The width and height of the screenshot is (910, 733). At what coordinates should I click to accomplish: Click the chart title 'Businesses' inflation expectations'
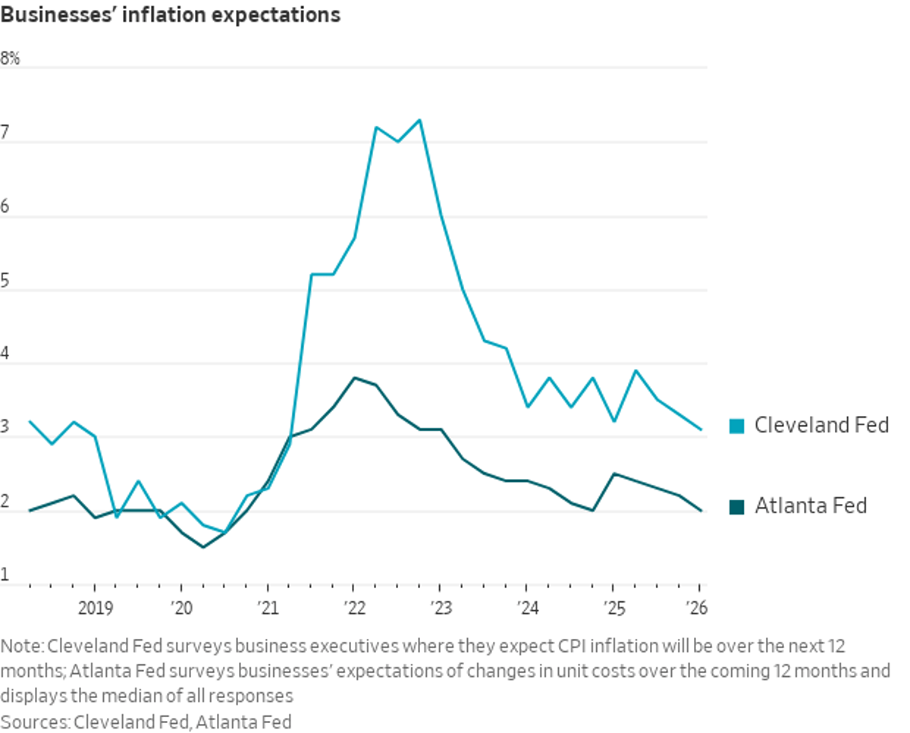pyautogui.click(x=170, y=15)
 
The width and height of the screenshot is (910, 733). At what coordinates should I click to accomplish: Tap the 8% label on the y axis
pyautogui.click(x=11, y=58)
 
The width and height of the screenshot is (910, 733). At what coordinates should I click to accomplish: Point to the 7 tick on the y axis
pyautogui.click(x=5, y=132)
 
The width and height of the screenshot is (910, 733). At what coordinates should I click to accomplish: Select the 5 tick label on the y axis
pyautogui.click(x=5, y=280)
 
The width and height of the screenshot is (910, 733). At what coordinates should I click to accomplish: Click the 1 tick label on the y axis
pyautogui.click(x=5, y=575)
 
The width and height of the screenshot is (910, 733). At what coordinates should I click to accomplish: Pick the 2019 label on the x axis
pyautogui.click(x=94, y=607)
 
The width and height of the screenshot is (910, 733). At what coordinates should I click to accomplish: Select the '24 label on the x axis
pyautogui.click(x=526, y=607)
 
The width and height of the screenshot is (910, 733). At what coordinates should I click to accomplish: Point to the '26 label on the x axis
pyautogui.click(x=698, y=607)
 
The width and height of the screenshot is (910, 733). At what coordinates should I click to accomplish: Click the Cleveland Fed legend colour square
pyautogui.click(x=736, y=426)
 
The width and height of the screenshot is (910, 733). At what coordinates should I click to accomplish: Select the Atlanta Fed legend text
pyautogui.click(x=810, y=506)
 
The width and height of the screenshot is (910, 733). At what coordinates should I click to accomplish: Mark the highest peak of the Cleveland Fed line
pyautogui.click(x=419, y=120)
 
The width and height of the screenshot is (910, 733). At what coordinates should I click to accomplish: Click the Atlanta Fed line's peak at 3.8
pyautogui.click(x=354, y=377)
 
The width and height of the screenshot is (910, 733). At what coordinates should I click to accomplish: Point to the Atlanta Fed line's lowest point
pyautogui.click(x=202, y=547)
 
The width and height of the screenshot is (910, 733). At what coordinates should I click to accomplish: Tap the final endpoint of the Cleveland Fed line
pyautogui.click(x=700, y=429)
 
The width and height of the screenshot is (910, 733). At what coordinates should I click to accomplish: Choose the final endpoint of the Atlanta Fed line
pyautogui.click(x=700, y=510)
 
